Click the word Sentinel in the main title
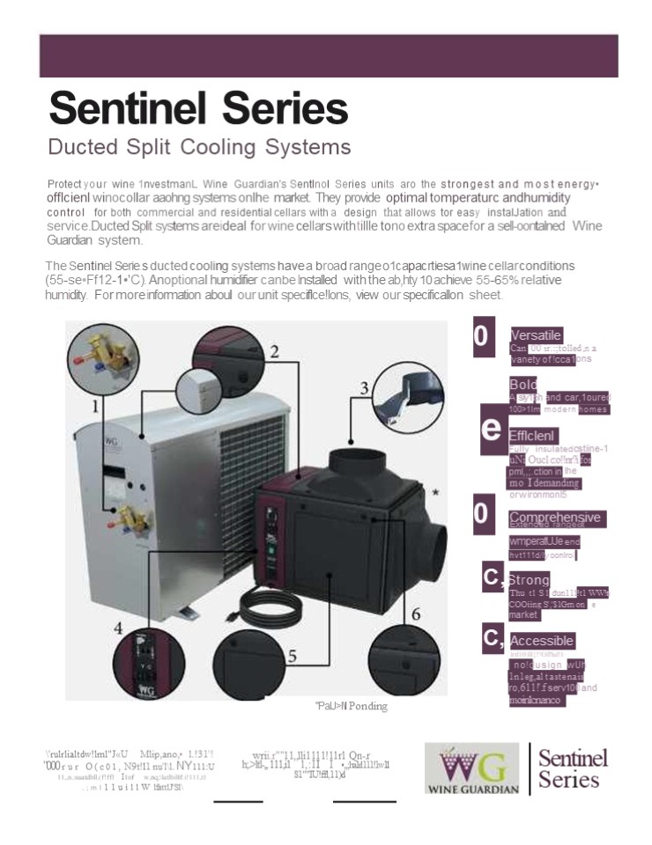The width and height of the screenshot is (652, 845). pyautogui.click(x=122, y=108)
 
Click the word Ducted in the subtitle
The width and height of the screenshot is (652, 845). pyautogui.click(x=84, y=147)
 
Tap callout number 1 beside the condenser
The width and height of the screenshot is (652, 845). pyautogui.click(x=96, y=406)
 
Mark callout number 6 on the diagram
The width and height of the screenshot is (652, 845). pyautogui.click(x=415, y=614)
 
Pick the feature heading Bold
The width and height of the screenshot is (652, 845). pyautogui.click(x=523, y=385)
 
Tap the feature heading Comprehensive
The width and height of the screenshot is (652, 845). pyautogui.click(x=555, y=518)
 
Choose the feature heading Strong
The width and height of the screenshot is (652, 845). pyautogui.click(x=530, y=581)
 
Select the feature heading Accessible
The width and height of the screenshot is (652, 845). pyautogui.click(x=542, y=641)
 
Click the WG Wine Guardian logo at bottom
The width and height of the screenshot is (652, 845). pyautogui.click(x=472, y=769)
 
